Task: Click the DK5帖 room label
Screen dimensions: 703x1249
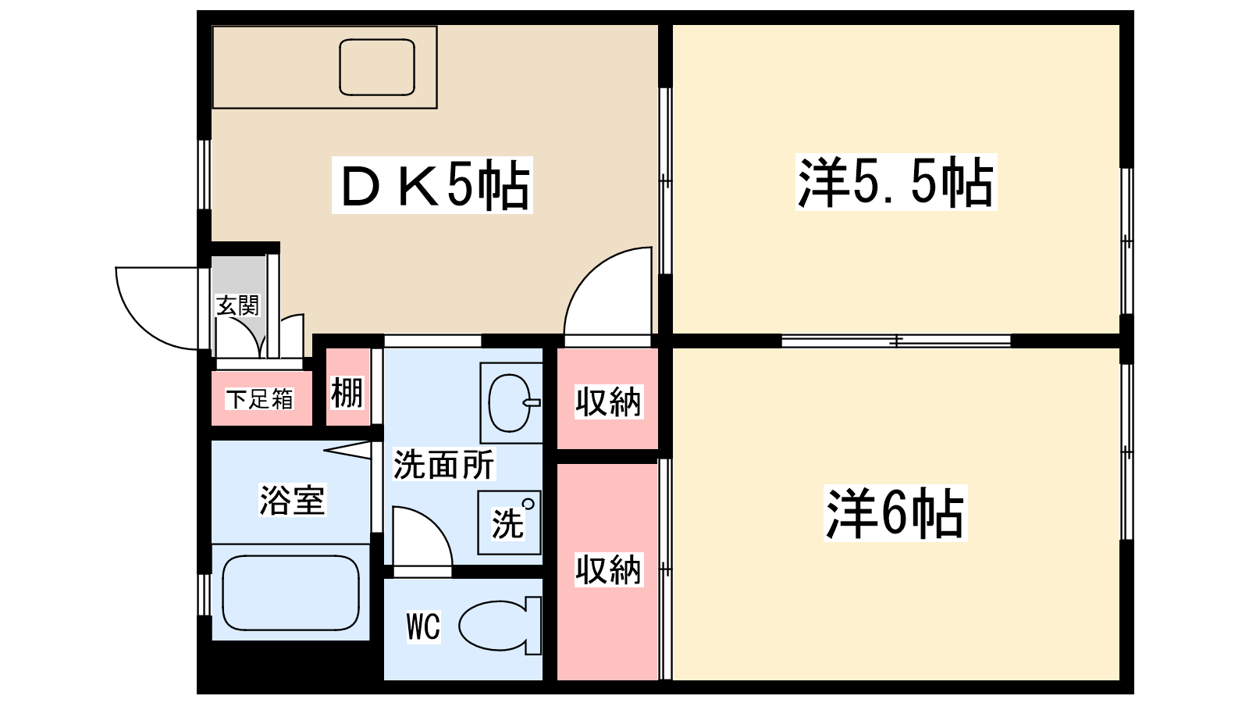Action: click(x=432, y=185)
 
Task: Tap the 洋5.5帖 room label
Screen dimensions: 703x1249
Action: click(x=895, y=182)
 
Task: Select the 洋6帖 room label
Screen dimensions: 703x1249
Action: click(x=895, y=512)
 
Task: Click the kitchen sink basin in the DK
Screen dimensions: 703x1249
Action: click(x=377, y=67)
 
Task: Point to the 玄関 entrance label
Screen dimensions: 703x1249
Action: click(x=237, y=305)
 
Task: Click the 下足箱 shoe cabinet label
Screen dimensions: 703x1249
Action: click(x=259, y=399)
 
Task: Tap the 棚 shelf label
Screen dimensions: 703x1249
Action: click(x=347, y=392)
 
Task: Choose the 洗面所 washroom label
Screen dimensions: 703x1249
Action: click(x=443, y=465)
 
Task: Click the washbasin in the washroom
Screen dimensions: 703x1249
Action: click(x=509, y=403)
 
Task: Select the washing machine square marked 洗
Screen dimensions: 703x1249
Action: click(x=509, y=522)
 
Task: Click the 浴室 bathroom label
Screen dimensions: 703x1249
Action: click(x=291, y=500)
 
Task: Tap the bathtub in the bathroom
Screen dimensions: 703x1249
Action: click(x=290, y=592)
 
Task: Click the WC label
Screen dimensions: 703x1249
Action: click(x=423, y=626)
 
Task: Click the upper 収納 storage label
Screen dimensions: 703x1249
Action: click(x=607, y=401)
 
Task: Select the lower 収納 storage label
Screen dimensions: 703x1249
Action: click(x=607, y=569)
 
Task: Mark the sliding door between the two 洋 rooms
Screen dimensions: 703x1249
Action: click(x=896, y=341)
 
